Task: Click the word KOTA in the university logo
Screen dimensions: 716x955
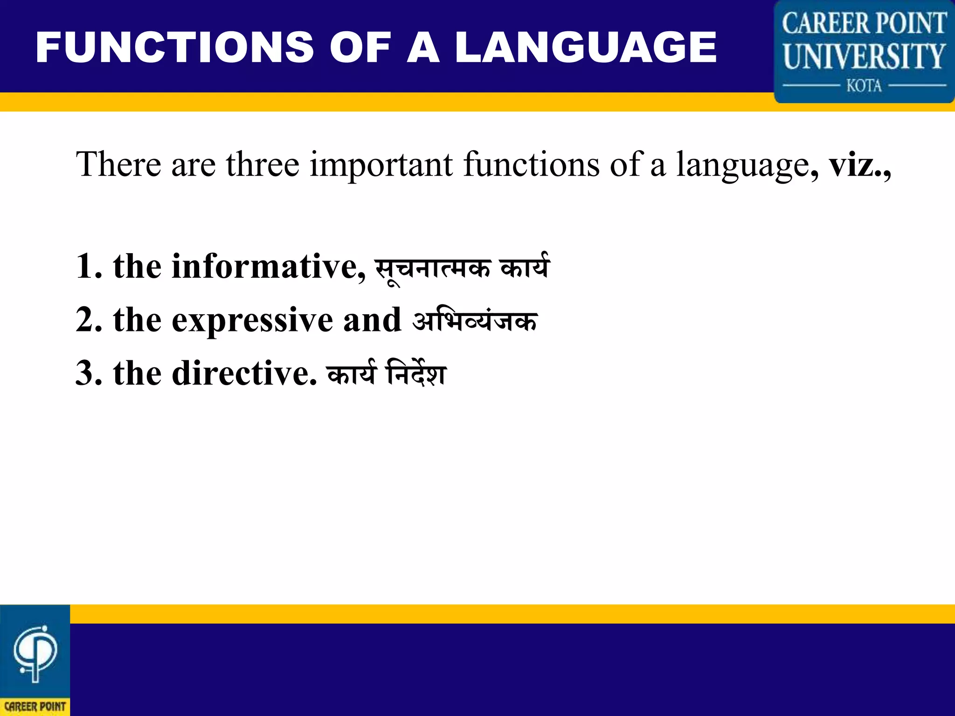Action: click(x=864, y=86)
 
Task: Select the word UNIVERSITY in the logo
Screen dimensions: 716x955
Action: click(x=864, y=56)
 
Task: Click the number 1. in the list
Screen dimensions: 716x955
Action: click(x=89, y=267)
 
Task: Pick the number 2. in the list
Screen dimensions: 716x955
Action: click(x=89, y=320)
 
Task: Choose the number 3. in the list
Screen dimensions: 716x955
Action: click(x=89, y=374)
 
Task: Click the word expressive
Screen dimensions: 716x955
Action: click(x=252, y=321)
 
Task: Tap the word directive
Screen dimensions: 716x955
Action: click(x=244, y=374)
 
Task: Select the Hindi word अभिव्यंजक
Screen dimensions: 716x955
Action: click(x=475, y=321)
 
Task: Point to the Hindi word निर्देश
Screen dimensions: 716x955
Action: click(x=416, y=374)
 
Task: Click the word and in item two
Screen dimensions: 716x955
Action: click(x=372, y=320)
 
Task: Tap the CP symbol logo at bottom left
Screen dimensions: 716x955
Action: click(x=35, y=653)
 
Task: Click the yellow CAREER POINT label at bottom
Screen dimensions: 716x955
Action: click(x=35, y=707)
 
